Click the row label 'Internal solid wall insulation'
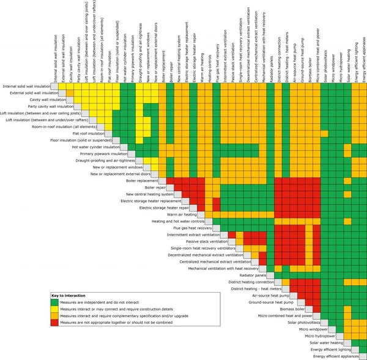click(26, 87)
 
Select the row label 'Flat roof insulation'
click(89, 133)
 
